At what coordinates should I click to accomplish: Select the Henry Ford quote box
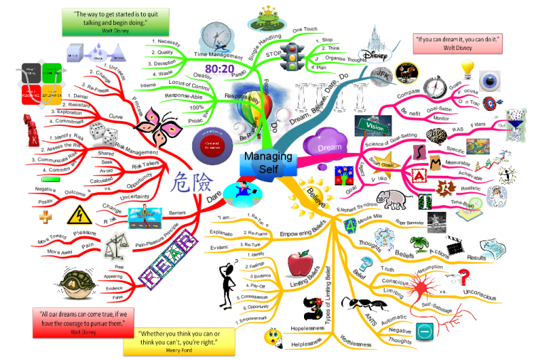pyautogui.click(x=180, y=338)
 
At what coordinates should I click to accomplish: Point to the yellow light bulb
pyautogui.click(x=467, y=69)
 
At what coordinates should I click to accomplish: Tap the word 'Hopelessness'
pyautogui.click(x=308, y=328)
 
